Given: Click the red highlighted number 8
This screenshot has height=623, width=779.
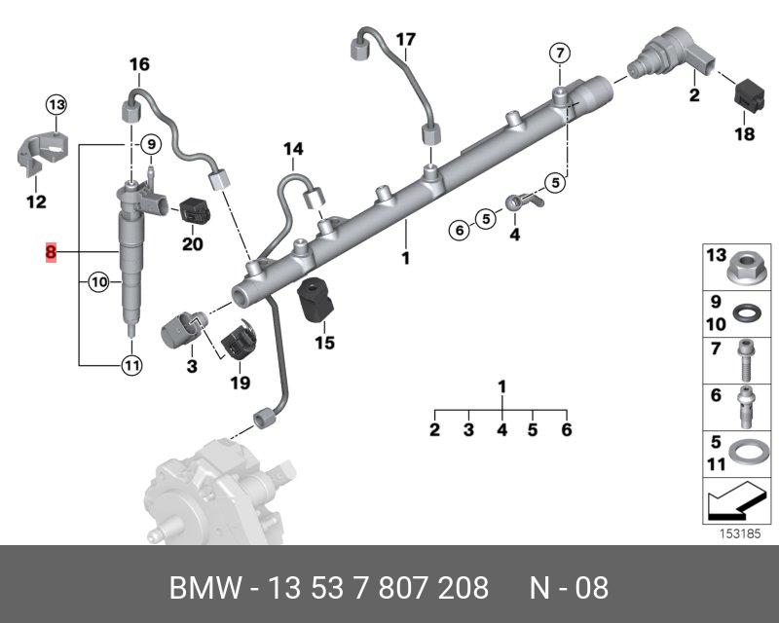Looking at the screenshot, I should pyautogui.click(x=50, y=253).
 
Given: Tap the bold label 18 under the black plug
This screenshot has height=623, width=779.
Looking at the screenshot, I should pyautogui.click(x=744, y=135).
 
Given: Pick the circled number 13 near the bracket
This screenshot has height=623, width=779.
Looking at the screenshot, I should pyautogui.click(x=56, y=105).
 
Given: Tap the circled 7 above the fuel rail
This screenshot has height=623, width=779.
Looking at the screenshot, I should pyautogui.click(x=559, y=52).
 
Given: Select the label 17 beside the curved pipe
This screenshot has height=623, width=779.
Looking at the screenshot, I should pyautogui.click(x=405, y=39).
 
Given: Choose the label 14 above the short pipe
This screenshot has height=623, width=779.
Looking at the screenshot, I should pyautogui.click(x=293, y=149).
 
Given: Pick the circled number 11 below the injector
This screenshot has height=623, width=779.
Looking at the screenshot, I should pyautogui.click(x=130, y=366).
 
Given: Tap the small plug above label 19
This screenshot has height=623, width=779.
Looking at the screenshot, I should pyautogui.click(x=239, y=342).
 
